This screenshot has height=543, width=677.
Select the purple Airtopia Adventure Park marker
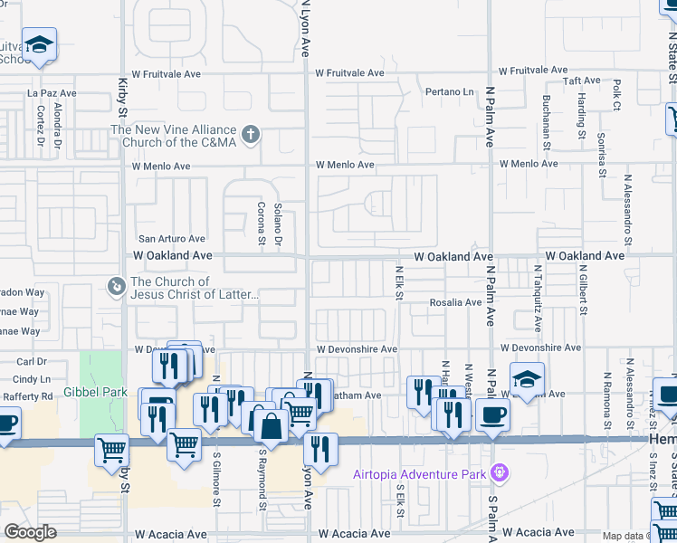498,472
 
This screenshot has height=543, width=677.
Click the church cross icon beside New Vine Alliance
251,136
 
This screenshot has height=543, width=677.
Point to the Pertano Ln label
450,92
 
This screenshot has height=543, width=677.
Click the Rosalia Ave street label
455,302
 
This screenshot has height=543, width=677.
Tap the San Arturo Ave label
172,239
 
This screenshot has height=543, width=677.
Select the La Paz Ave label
52,92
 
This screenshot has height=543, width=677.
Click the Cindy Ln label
33,379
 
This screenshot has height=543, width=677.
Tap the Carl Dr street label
31,362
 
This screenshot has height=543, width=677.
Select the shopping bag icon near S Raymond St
269,423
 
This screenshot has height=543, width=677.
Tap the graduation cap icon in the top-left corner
39,44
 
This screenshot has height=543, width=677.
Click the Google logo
30,532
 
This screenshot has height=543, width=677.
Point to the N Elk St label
398,281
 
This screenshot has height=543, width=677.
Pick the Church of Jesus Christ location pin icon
116,288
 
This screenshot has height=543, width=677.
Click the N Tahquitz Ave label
538,298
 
